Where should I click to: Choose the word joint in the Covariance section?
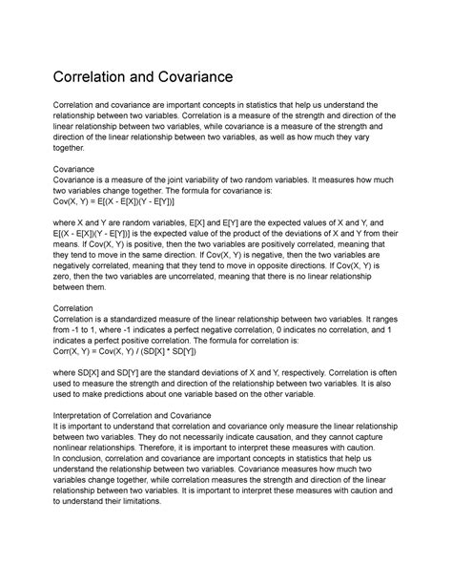[195, 178]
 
